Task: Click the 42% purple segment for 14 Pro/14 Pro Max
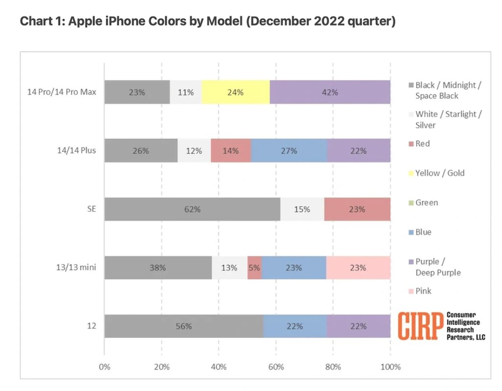(330, 92)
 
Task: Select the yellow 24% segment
(235, 92)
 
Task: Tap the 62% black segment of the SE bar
(192, 209)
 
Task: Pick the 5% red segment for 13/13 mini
(254, 268)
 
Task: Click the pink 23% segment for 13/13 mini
(358, 268)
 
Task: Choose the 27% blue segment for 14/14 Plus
(289, 151)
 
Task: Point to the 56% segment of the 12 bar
(184, 326)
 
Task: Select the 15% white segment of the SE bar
(302, 209)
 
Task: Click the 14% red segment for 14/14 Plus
(231, 151)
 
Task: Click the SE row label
(91, 209)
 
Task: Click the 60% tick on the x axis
(276, 366)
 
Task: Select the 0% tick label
(104, 366)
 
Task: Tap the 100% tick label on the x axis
(390, 366)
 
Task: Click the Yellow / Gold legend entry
(440, 173)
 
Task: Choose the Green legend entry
(427, 203)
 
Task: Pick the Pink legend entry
(423, 291)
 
